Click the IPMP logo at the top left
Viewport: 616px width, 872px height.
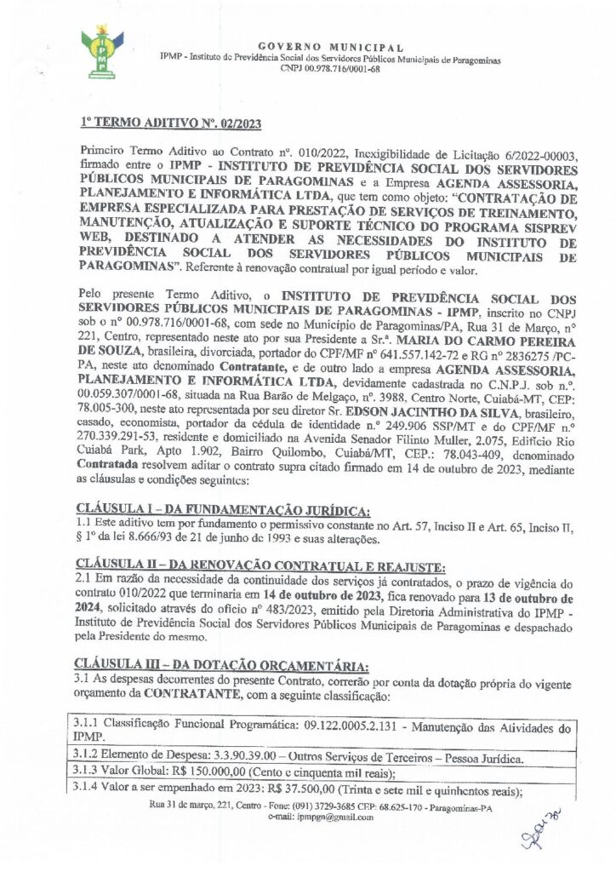tap(101, 50)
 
